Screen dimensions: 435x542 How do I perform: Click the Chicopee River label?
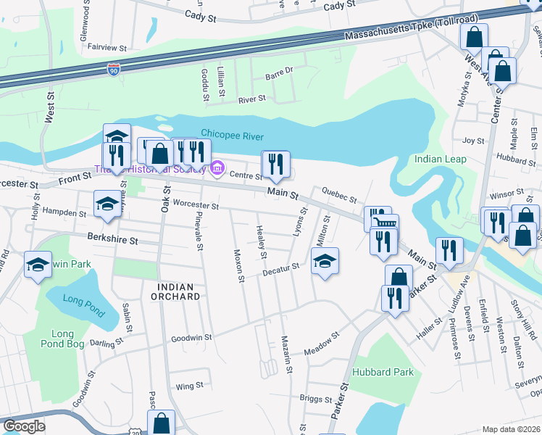[232, 135]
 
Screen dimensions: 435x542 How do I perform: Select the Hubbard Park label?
[383, 372]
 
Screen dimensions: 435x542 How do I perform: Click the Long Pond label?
[79, 299]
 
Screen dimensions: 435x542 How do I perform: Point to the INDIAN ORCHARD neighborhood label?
[175, 291]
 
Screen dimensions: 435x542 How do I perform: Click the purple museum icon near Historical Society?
[217, 170]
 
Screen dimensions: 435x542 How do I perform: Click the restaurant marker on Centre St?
[275, 164]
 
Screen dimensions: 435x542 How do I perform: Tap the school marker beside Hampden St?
[107, 204]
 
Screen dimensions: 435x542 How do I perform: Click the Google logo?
[23, 426]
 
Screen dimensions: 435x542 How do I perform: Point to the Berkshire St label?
[112, 238]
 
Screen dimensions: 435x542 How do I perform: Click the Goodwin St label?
[191, 337]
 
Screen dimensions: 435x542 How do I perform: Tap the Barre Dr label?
[278, 71]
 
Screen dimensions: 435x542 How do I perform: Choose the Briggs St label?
[315, 398]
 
